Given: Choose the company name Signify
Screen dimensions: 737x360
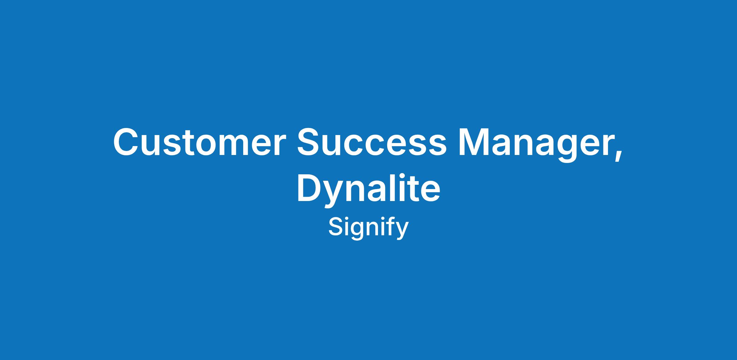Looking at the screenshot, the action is click(x=368, y=229).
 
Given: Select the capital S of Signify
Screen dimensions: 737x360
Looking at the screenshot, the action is click(x=336, y=227).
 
